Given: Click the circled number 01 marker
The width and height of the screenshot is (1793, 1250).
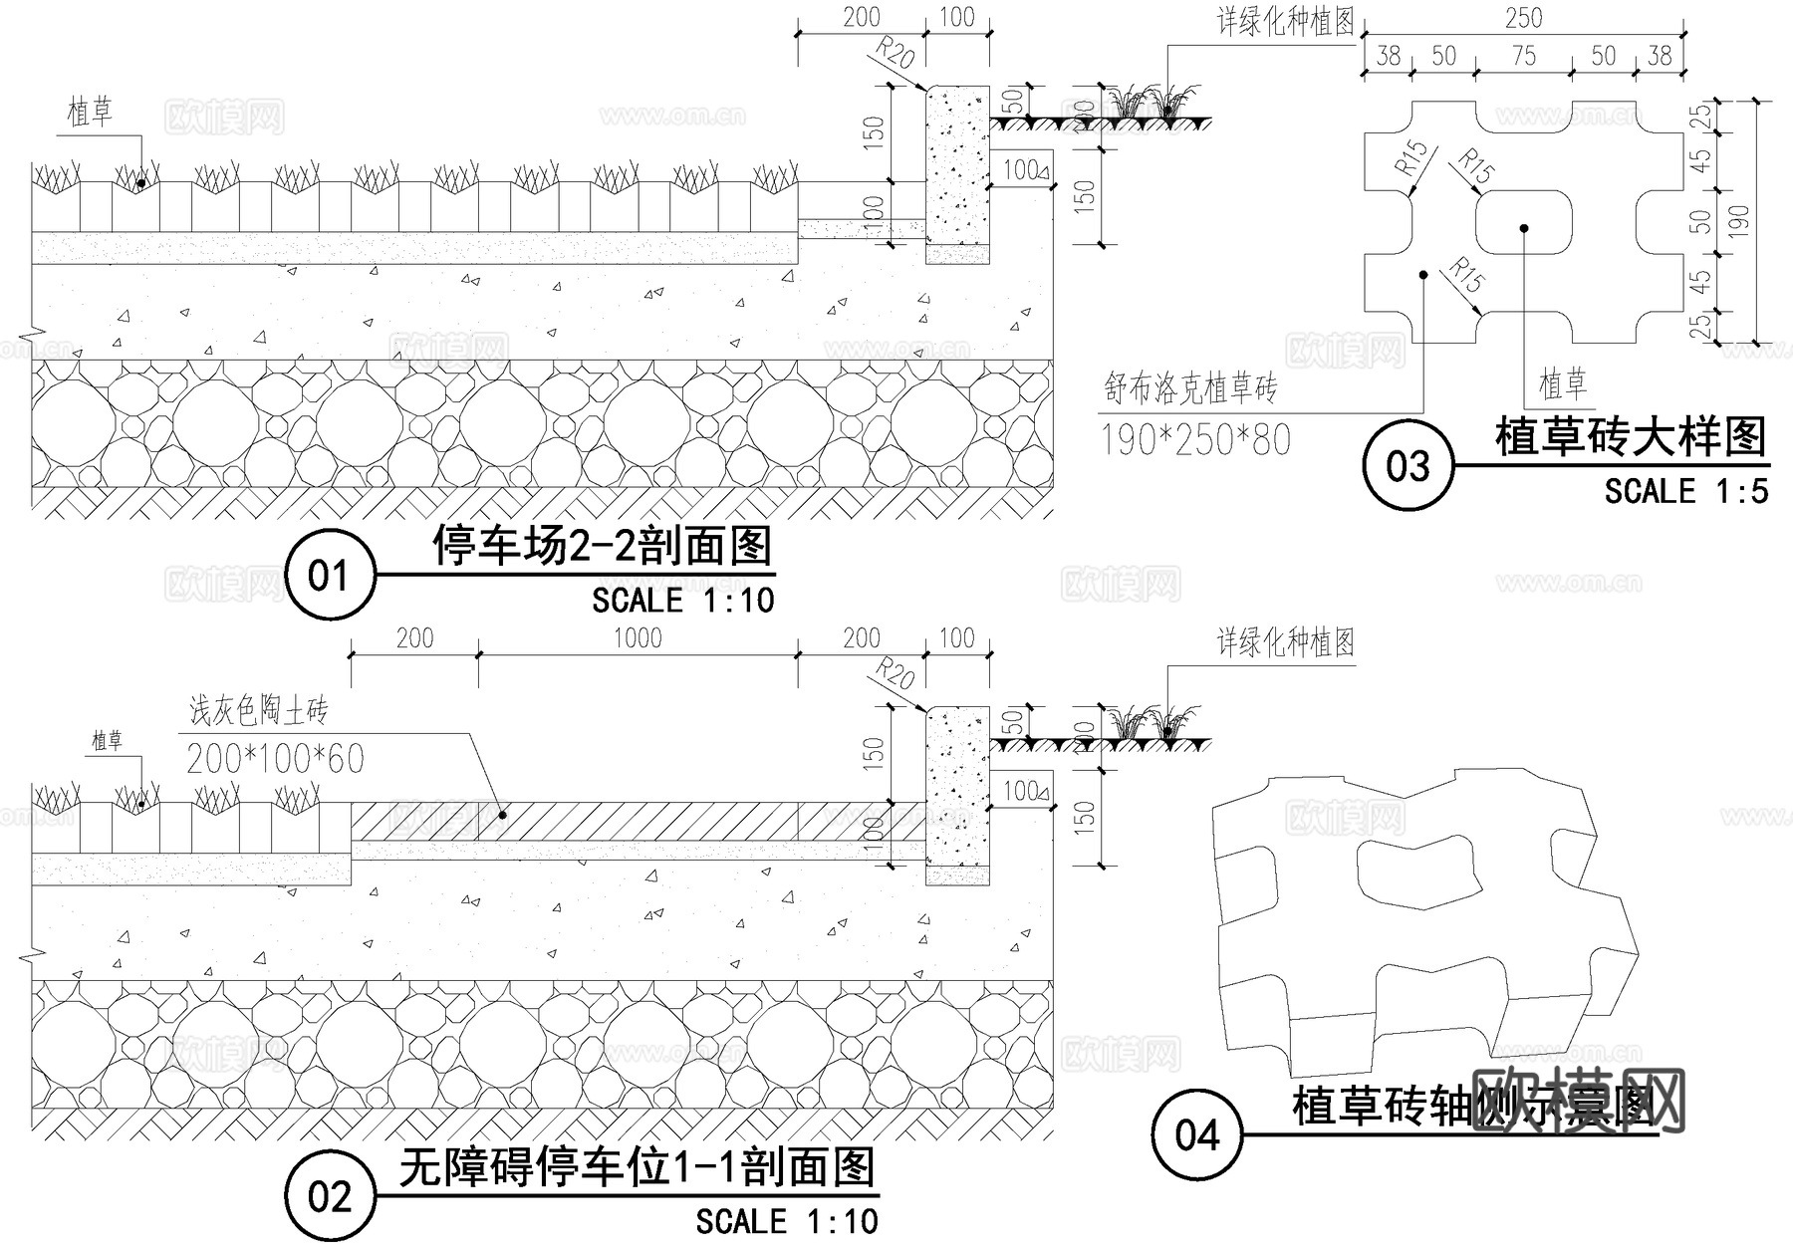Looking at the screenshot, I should pyautogui.click(x=330, y=576).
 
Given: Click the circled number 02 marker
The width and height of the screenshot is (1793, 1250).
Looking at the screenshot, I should pyautogui.click(x=330, y=1196).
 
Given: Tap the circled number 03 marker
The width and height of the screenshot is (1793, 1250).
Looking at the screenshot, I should pyautogui.click(x=1408, y=466).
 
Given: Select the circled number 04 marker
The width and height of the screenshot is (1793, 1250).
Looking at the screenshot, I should pyautogui.click(x=1196, y=1134).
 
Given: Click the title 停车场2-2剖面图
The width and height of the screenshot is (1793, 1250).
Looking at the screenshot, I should pyautogui.click(x=603, y=546).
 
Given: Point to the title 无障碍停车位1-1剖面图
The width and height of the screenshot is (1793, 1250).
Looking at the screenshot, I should pyautogui.click(x=638, y=1167).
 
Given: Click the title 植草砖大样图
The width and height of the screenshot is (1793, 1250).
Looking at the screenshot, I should pyautogui.click(x=1631, y=437).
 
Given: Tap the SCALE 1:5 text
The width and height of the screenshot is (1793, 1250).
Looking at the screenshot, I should pyautogui.click(x=1685, y=491).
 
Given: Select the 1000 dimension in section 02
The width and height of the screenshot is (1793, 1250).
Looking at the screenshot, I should pyautogui.click(x=638, y=637).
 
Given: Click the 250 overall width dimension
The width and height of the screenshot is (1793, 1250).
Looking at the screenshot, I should pyautogui.click(x=1523, y=18).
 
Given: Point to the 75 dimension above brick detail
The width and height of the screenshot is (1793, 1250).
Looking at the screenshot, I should pyautogui.click(x=1523, y=56).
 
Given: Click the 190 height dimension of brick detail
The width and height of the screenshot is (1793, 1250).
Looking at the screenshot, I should pyautogui.click(x=1737, y=220).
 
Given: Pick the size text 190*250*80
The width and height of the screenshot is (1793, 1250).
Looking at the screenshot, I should pyautogui.click(x=1195, y=439).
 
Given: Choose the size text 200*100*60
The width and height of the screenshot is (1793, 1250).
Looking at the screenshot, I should pyautogui.click(x=276, y=759).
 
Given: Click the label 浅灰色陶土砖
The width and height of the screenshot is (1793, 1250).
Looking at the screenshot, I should pyautogui.click(x=258, y=711).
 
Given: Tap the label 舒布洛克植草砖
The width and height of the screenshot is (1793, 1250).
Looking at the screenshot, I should pyautogui.click(x=1190, y=387).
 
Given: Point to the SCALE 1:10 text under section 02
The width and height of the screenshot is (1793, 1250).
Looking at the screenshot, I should pyautogui.click(x=787, y=1221).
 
